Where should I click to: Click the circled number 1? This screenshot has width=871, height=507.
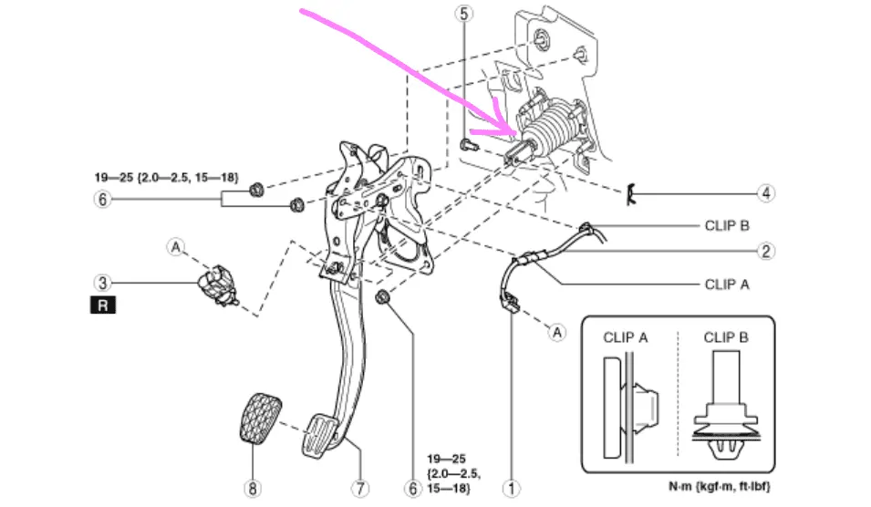tap(513, 489)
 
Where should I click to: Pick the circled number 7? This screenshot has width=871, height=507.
tap(361, 489)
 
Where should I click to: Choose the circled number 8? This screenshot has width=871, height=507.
tap(252, 489)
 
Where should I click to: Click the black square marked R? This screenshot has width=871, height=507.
tap(102, 306)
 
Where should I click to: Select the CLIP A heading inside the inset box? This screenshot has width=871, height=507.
tap(625, 337)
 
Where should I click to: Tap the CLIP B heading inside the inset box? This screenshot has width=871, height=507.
tap(726, 337)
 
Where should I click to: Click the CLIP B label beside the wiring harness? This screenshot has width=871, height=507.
tap(727, 224)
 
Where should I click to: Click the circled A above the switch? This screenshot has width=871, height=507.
tap(176, 245)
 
